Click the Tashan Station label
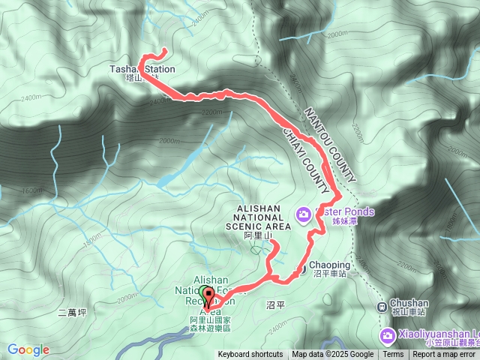(x=142, y=69)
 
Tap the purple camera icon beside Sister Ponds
(x=303, y=215)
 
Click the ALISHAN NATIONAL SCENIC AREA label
(x=257, y=217)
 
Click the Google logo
(x=28, y=349)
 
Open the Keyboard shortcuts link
(x=250, y=355)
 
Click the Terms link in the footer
(x=393, y=355)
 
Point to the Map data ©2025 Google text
(x=332, y=355)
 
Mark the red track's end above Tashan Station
(x=164, y=49)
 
